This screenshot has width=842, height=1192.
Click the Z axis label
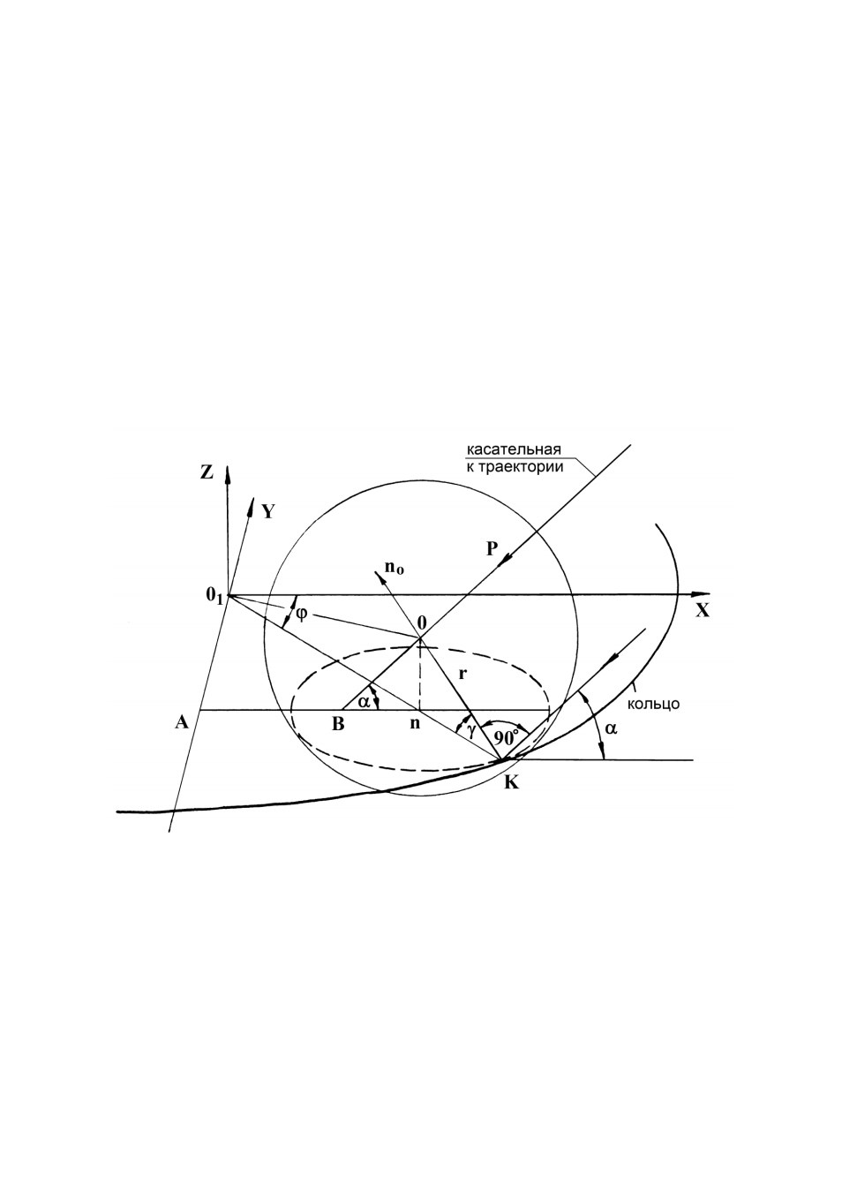pyautogui.click(x=207, y=472)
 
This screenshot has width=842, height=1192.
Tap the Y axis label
pyautogui.click(x=267, y=511)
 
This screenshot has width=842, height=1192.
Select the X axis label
pyautogui.click(x=703, y=611)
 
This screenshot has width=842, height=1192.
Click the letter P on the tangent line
pyautogui.click(x=492, y=548)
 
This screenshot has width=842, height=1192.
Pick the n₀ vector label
pyautogui.click(x=395, y=568)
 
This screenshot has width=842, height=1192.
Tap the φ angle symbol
pyautogui.click(x=301, y=614)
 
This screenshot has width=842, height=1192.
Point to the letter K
pyautogui.click(x=511, y=783)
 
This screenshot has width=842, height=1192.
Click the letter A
pyautogui.click(x=182, y=722)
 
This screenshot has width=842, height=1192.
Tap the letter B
pyautogui.click(x=338, y=724)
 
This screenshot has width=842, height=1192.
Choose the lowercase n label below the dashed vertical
pyautogui.click(x=415, y=724)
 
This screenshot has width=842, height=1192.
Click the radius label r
pyautogui.click(x=463, y=674)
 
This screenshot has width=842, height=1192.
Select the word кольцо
pyautogui.click(x=653, y=704)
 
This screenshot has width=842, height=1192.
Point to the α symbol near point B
pyautogui.click(x=364, y=702)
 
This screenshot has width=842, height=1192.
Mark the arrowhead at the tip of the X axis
pyautogui.click(x=703, y=594)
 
